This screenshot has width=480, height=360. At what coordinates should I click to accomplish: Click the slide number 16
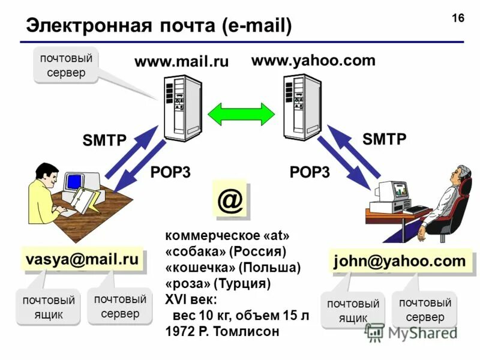tap(458, 18)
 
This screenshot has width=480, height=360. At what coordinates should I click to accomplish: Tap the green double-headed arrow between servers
tap(241, 112)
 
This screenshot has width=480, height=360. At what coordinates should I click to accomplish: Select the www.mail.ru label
tap(181, 61)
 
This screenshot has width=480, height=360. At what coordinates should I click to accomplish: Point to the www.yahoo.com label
tap(313, 60)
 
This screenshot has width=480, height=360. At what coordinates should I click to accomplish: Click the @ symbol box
tap(230, 201)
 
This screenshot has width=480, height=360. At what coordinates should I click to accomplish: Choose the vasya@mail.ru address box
tap(82, 259)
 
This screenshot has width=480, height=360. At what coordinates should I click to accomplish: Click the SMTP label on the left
tap(104, 141)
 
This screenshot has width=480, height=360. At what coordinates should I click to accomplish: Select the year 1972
tap(179, 331)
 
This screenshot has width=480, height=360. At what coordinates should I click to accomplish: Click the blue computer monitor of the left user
tap(74, 181)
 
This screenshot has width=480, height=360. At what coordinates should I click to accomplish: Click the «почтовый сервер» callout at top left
tap(67, 65)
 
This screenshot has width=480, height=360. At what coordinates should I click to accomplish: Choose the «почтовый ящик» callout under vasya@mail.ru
tap(48, 307)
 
